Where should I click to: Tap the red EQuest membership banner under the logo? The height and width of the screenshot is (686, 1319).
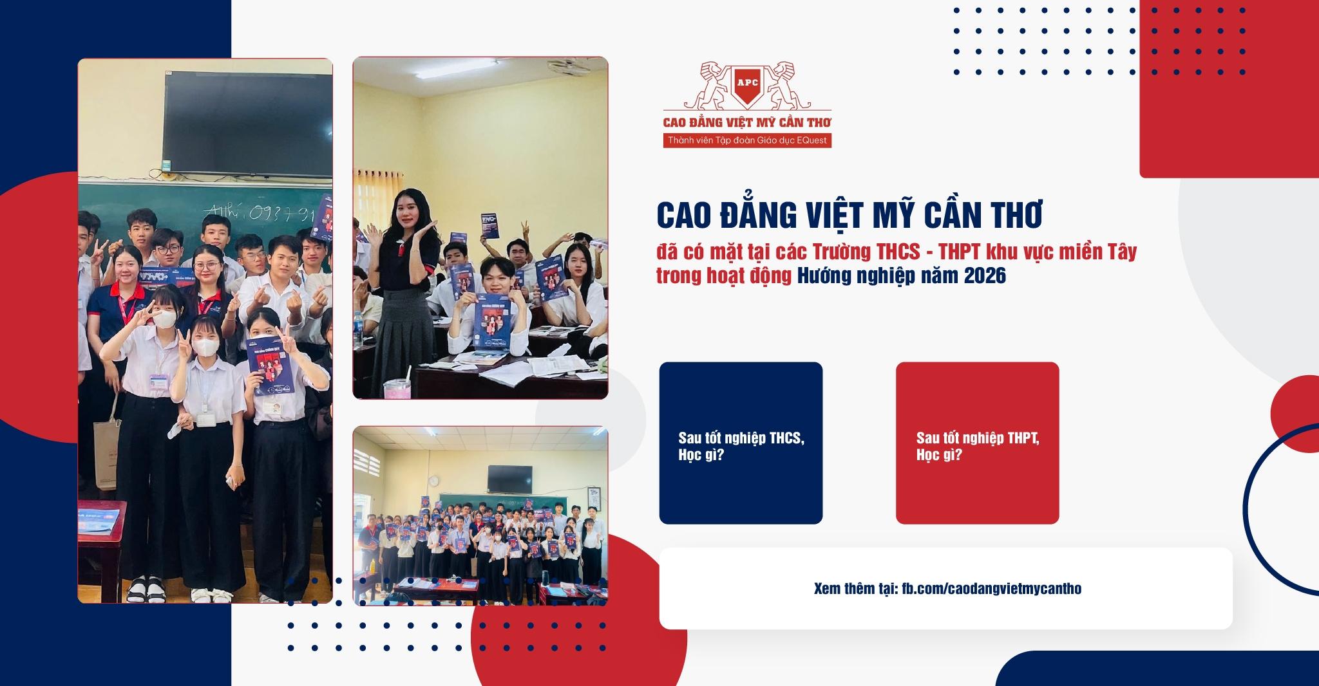[x=747, y=140]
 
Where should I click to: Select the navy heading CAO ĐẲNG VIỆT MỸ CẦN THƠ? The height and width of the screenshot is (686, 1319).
[x=849, y=216]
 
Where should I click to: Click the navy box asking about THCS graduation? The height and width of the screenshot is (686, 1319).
[x=741, y=443]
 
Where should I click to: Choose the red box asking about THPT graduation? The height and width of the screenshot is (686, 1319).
[x=977, y=443]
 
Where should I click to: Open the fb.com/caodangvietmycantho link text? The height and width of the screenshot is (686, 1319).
[x=991, y=589]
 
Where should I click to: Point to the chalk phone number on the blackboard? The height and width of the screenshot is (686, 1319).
[x=258, y=211]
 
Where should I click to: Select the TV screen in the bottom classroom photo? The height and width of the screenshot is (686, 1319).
[x=509, y=477]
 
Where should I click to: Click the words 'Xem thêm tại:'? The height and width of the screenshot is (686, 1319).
[x=855, y=589]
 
